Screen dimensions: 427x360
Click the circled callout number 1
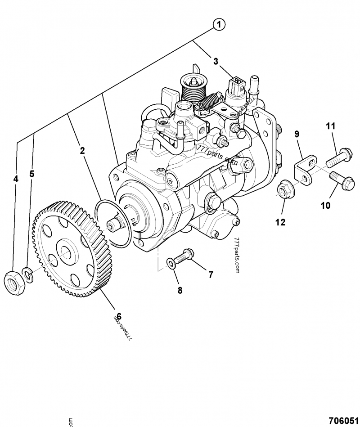[218, 24]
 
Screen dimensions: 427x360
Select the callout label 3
[216, 61]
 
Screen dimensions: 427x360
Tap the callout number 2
[82, 151]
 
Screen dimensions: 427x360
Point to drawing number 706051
[343, 420]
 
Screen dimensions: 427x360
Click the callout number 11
[331, 127]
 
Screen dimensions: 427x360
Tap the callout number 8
[180, 290]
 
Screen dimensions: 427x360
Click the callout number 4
[16, 179]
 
